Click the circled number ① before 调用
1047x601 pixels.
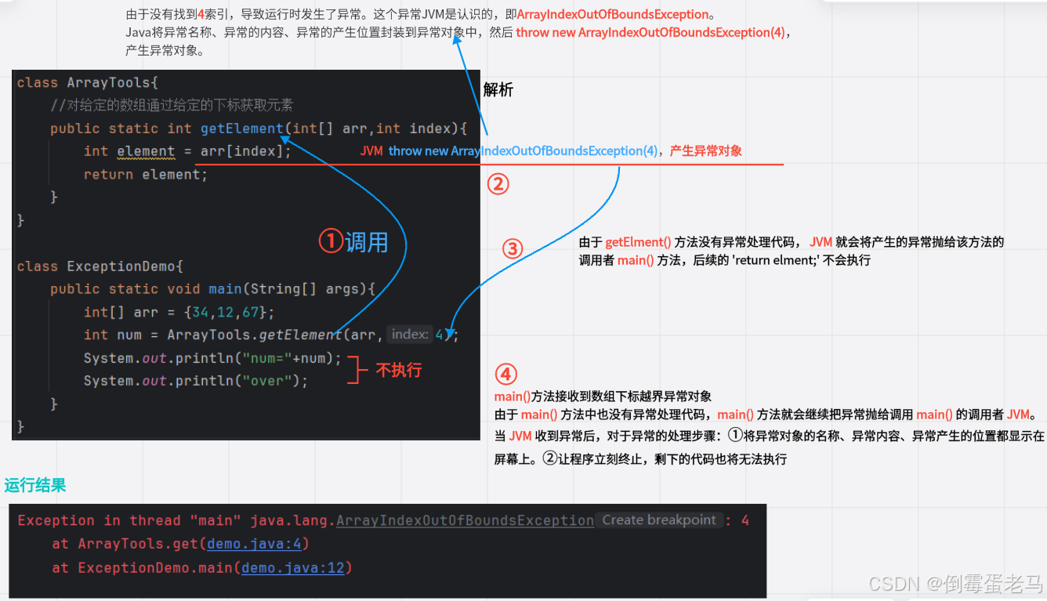click(x=331, y=241)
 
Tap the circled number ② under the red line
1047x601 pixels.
click(x=498, y=184)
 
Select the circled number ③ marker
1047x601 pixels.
click(x=512, y=249)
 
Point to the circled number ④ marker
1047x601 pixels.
click(x=505, y=375)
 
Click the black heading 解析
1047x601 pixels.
click(x=498, y=89)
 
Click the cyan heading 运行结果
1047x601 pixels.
click(x=35, y=485)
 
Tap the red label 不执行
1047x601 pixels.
click(x=398, y=370)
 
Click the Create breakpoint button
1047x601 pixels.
click(x=658, y=520)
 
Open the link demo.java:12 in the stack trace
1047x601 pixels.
click(x=293, y=567)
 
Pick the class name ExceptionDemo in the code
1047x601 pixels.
click(x=125, y=266)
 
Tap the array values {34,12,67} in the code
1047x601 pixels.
click(x=229, y=312)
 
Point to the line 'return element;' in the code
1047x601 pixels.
click(x=145, y=174)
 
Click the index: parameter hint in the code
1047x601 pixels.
click(x=410, y=335)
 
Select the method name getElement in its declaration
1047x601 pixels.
click(x=241, y=129)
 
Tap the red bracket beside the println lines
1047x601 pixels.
click(x=357, y=370)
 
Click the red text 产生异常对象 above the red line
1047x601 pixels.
click(x=706, y=151)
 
